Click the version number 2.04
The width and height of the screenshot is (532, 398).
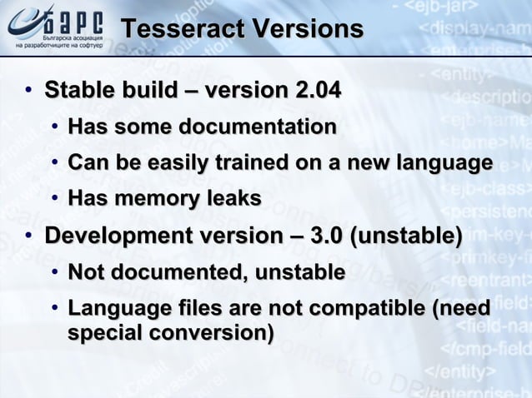tap(313, 89)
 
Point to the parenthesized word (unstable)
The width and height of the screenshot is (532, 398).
tap(407, 236)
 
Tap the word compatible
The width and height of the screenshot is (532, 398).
tap(369, 309)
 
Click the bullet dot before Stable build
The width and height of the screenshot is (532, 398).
tap(29, 90)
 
